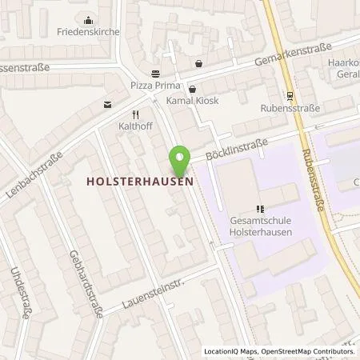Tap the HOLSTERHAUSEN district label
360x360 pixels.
click(141, 182)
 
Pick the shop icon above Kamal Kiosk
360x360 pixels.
click(193, 90)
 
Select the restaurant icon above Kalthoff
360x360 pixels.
click(136, 114)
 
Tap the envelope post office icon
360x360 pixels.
click(107, 104)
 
